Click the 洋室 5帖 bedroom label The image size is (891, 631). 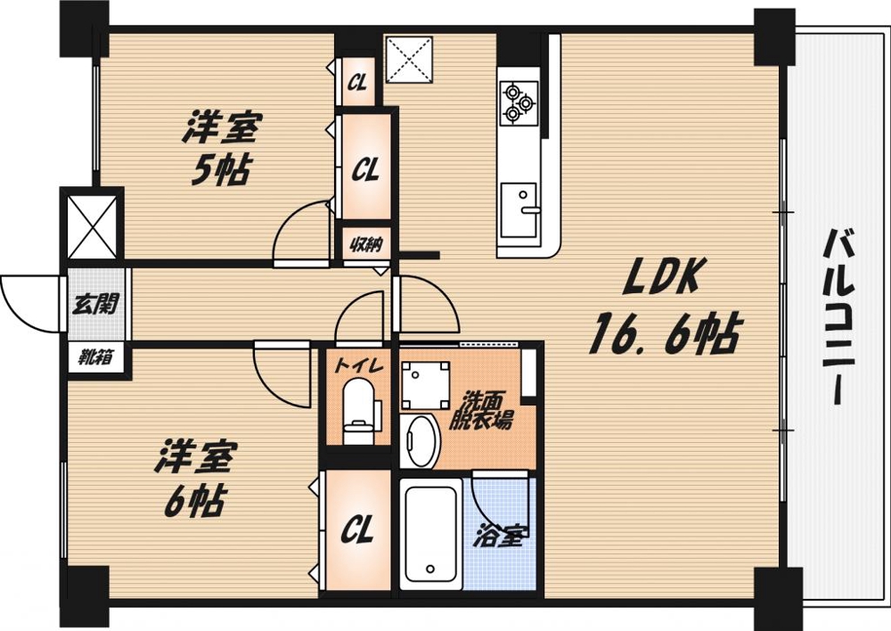[220, 148]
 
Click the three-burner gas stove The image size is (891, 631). [519, 101]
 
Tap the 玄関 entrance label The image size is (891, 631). [94, 303]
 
